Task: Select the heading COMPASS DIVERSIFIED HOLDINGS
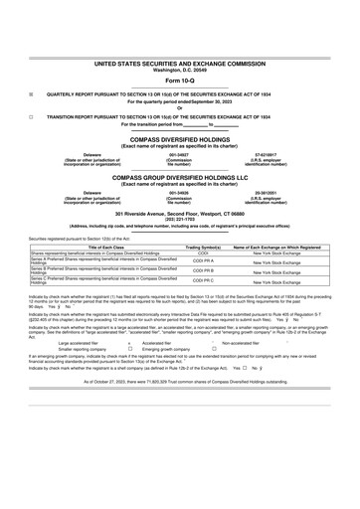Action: [180, 140]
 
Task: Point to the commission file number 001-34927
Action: [179, 154]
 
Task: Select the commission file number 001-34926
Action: [179, 192]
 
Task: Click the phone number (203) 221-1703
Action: [180, 219]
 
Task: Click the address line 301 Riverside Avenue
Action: [180, 214]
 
